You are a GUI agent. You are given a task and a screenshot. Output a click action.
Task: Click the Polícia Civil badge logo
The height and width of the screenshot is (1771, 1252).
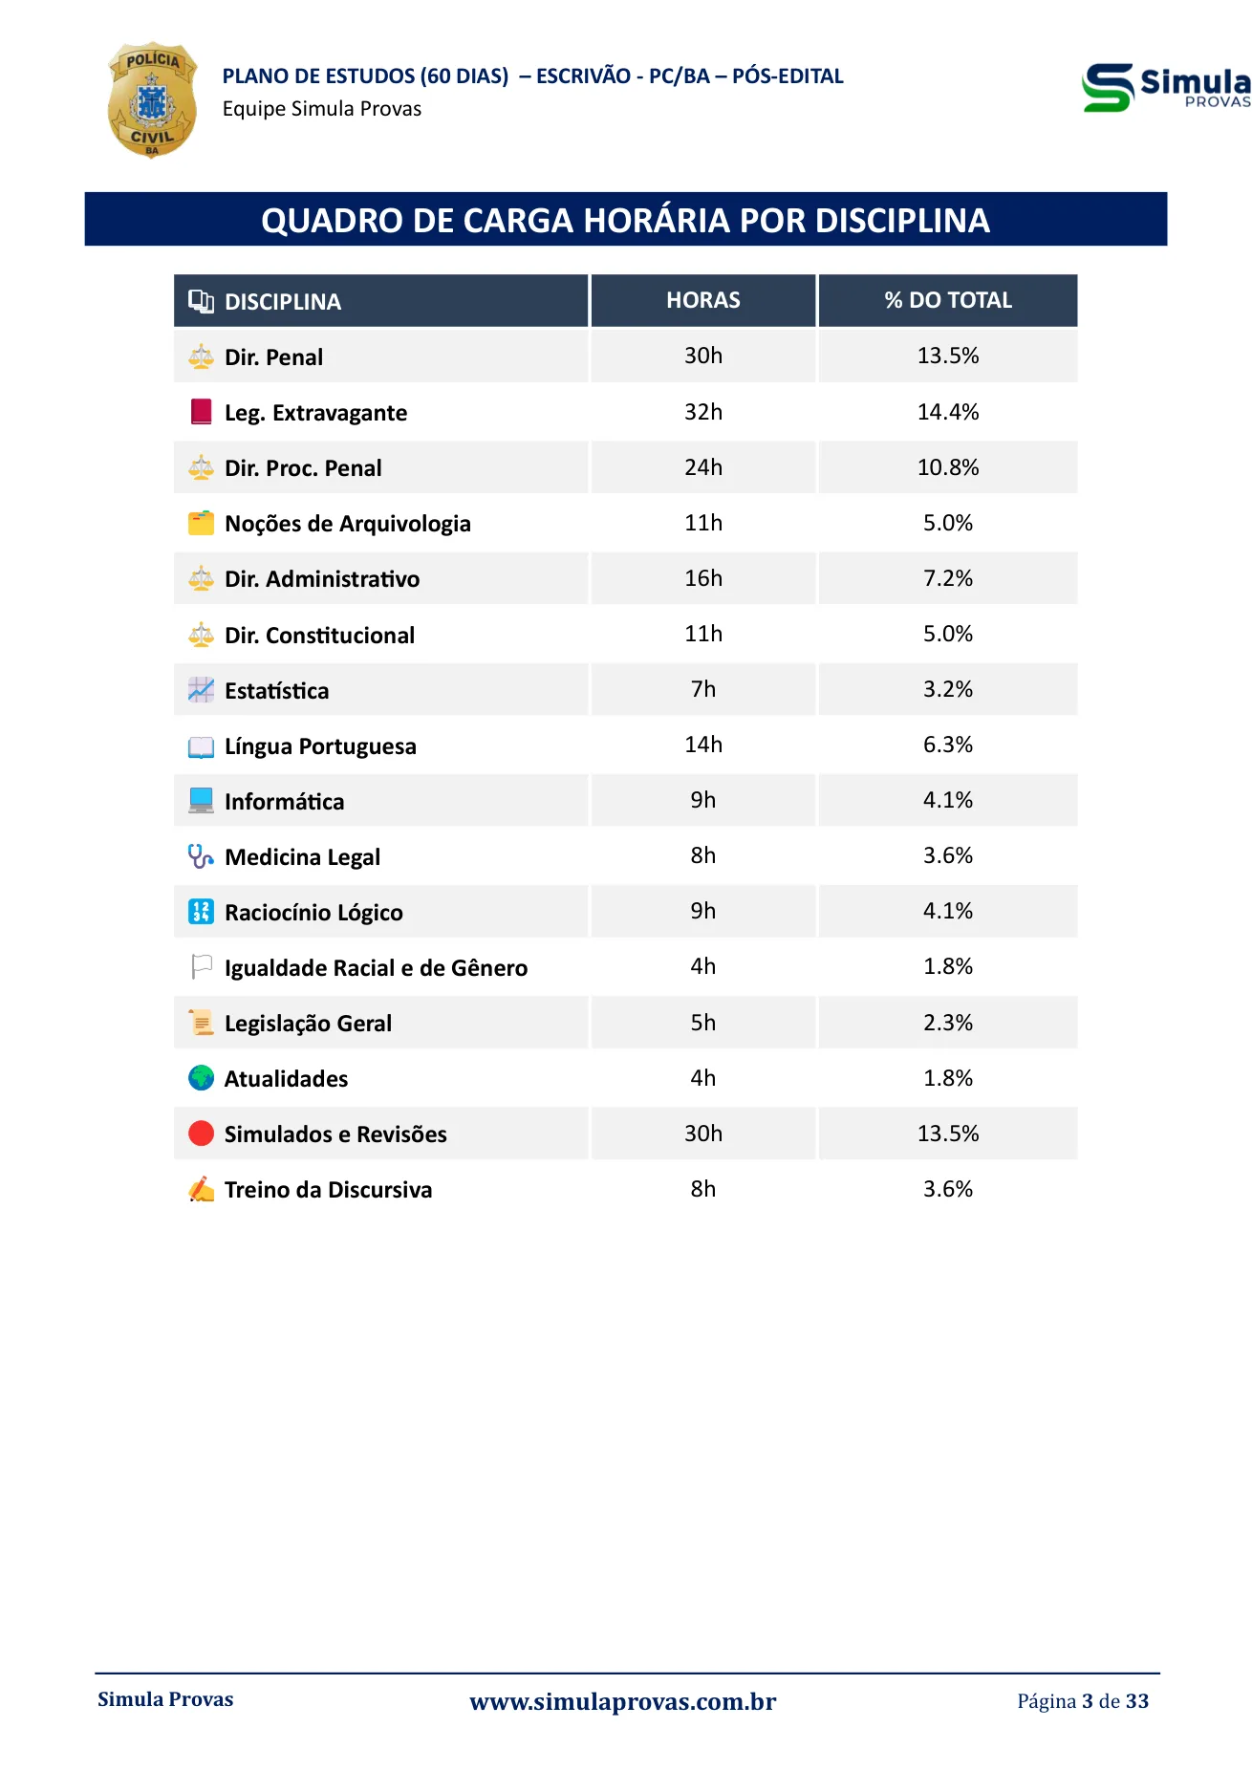point(152,100)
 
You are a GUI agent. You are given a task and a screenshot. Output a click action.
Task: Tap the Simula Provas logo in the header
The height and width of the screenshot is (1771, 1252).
point(1166,88)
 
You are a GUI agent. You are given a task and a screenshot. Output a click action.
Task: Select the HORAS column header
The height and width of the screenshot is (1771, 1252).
point(703,300)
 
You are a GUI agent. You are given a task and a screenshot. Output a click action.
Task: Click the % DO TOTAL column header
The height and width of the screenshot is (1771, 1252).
point(948,300)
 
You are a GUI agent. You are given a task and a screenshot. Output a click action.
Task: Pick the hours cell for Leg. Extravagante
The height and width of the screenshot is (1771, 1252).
point(703,412)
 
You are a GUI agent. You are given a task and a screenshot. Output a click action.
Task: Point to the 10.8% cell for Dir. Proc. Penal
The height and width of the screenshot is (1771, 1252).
point(948,467)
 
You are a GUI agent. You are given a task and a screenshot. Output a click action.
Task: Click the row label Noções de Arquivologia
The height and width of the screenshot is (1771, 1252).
point(348,524)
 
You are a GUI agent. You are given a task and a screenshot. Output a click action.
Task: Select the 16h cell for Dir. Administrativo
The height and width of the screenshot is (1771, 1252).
point(703,578)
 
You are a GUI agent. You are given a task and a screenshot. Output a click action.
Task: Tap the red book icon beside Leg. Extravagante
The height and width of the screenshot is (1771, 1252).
point(201,412)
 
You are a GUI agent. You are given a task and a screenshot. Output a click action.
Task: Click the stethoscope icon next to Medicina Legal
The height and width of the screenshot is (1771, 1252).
point(201,856)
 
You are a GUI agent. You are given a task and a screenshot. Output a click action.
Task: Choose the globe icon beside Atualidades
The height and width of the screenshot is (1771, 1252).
point(201,1078)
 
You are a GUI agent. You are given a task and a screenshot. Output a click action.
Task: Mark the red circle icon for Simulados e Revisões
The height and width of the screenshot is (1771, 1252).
point(201,1134)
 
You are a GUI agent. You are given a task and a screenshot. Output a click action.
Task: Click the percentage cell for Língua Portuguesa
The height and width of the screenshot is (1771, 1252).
point(948,745)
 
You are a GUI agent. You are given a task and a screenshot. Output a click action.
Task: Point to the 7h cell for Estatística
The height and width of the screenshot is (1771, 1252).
point(703,689)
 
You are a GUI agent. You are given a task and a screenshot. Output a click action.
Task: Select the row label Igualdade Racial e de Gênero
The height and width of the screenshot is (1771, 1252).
point(376,968)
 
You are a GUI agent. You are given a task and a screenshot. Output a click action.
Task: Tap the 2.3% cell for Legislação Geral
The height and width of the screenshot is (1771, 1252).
point(948,1023)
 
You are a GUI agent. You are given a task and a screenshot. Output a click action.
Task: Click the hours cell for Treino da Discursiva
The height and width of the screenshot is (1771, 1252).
point(703,1189)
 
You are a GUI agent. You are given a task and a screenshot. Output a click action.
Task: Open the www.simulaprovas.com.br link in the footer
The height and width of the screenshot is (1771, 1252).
point(623,1701)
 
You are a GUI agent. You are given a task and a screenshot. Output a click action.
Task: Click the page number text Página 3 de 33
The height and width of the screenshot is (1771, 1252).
point(1083,1701)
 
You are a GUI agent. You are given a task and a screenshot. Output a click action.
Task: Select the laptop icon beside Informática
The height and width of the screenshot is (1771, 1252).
point(201,801)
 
